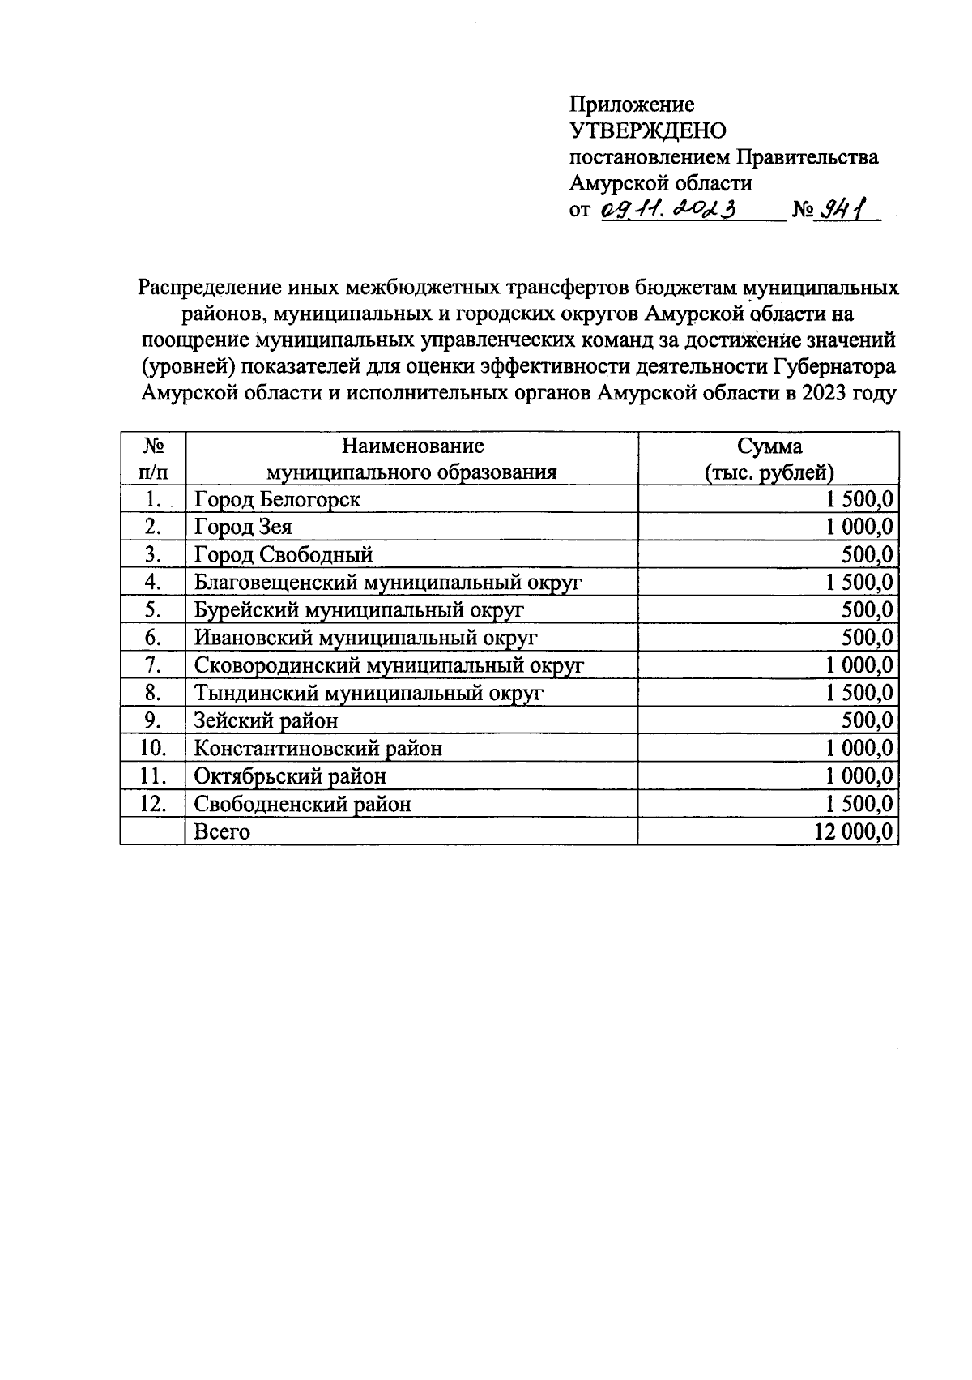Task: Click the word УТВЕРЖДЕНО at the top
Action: point(648,130)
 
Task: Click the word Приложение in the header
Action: point(632,105)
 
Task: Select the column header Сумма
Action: point(769,446)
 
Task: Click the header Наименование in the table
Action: point(412,446)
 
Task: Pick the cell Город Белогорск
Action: point(277,499)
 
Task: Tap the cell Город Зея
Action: point(243,527)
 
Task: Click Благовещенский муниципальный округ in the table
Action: point(388,583)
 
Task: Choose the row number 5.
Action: point(153,610)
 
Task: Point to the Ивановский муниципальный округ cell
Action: point(365,638)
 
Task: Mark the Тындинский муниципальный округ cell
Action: point(369,694)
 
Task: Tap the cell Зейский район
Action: point(266,721)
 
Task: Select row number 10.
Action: point(152,748)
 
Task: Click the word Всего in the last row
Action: point(222,831)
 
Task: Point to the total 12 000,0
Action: point(855,831)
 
